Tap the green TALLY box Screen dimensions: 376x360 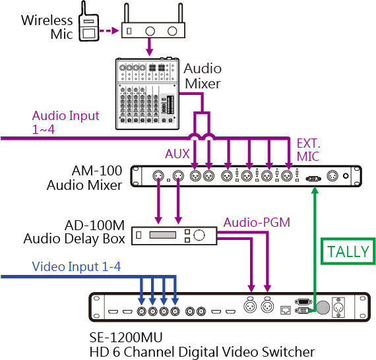[348, 251]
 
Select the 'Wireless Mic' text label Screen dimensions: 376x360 [47, 27]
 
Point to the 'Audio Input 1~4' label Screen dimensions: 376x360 [65, 122]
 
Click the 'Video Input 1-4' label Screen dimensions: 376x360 [77, 266]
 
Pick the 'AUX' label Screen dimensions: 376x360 [177, 154]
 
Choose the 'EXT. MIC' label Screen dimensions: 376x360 [308, 150]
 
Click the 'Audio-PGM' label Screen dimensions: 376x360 [257, 222]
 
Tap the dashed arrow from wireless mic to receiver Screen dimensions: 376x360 [109, 31]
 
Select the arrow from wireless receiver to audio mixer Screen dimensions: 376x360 [149, 47]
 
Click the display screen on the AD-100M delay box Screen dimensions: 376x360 [162, 235]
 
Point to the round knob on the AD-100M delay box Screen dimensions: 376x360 [199, 235]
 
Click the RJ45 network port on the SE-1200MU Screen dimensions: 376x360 [286, 310]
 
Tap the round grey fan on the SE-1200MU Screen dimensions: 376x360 [323, 307]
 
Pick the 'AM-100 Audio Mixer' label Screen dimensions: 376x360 [84, 178]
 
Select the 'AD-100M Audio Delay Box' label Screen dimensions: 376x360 [75, 232]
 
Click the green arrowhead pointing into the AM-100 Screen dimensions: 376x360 [315, 191]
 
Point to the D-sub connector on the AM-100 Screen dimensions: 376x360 [313, 179]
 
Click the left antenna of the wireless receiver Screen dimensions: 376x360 [127, 13]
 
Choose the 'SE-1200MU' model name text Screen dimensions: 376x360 [126, 337]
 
